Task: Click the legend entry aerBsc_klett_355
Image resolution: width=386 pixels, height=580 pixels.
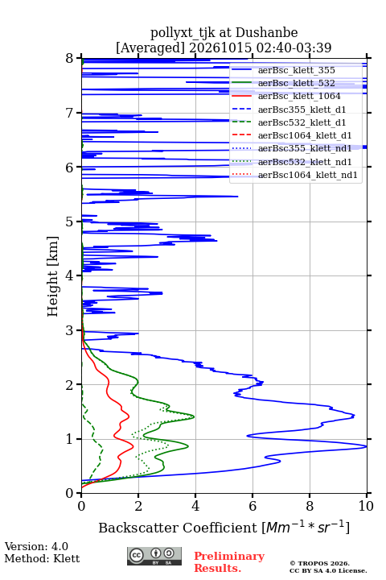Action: coord(296,70)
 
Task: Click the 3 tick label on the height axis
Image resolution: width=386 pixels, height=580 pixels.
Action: coord(69,330)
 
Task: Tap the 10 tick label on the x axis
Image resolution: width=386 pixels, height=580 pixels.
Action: coord(366,506)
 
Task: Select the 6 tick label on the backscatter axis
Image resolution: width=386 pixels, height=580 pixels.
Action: coord(253,506)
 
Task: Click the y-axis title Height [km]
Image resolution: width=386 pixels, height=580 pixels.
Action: coord(52,276)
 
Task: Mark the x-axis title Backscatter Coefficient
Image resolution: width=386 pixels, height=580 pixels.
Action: coord(178,528)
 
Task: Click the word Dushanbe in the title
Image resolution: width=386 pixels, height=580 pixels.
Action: coord(266,33)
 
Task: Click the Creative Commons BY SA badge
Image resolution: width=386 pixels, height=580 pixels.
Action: coord(154,556)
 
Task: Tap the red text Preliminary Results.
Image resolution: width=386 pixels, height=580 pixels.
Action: coord(229,562)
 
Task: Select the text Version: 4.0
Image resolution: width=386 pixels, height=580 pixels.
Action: coord(36,546)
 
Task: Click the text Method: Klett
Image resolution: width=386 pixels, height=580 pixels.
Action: coord(42,558)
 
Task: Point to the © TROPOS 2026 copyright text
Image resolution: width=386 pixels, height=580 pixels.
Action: coord(319,563)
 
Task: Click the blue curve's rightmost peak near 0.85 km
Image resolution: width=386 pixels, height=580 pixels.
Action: coord(366,446)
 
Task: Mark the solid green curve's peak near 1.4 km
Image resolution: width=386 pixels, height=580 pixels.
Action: coord(194,417)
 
